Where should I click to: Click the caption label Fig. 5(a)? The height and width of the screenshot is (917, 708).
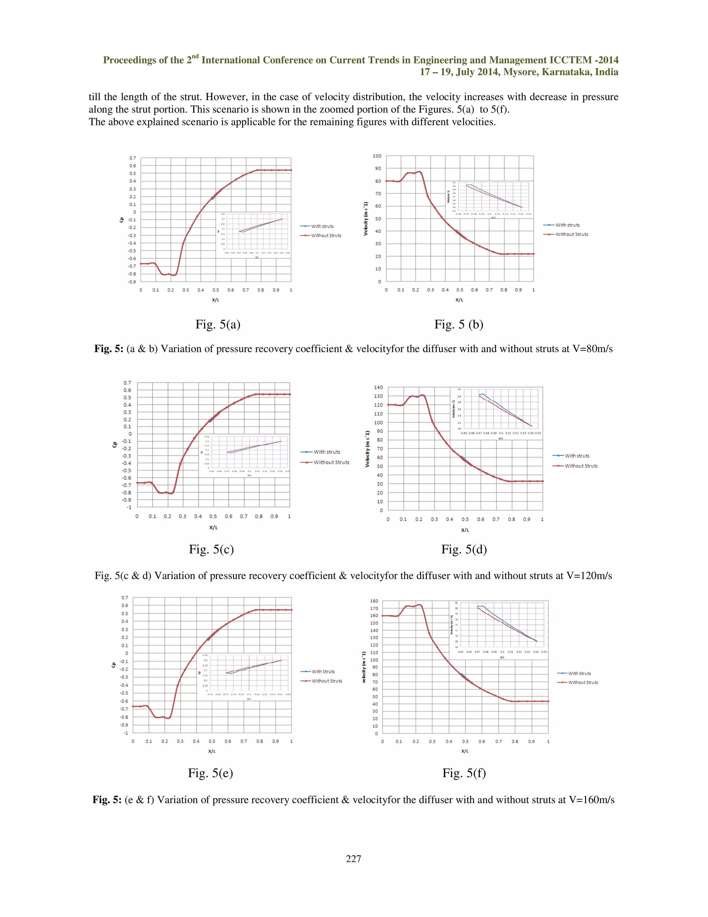point(218,324)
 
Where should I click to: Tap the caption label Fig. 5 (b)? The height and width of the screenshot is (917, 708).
point(458,324)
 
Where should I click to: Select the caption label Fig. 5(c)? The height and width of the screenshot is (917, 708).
point(211,549)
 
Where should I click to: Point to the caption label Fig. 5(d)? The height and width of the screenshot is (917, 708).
point(464,549)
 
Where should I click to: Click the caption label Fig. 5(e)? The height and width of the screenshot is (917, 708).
point(211,773)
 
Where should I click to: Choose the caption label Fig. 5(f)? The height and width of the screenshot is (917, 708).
point(464,773)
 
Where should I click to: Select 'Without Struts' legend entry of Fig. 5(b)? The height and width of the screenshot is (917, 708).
point(571,234)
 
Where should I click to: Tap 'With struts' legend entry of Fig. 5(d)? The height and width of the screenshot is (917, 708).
point(577,456)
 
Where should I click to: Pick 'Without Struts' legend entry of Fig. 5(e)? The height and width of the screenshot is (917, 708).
point(326,681)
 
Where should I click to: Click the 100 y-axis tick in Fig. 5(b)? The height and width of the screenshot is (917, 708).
point(377,156)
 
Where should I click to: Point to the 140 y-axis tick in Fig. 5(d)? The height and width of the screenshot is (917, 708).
point(378,387)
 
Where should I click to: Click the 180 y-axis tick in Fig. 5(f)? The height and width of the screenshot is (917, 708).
point(374,601)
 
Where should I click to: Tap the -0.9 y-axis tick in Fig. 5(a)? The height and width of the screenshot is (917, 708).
point(132,282)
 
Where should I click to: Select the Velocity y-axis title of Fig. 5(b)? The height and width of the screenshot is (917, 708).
point(365,219)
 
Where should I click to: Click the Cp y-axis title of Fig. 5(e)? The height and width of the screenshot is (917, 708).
point(113,665)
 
